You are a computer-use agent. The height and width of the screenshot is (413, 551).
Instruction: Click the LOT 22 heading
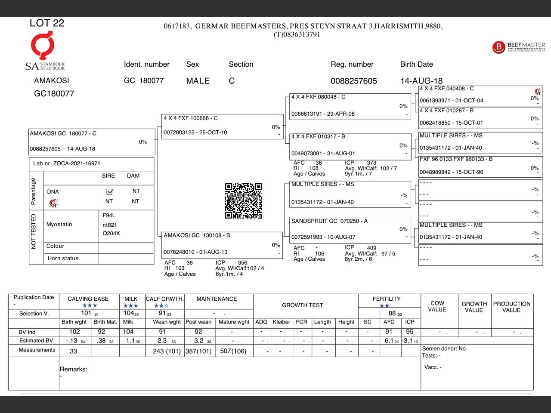click(47, 23)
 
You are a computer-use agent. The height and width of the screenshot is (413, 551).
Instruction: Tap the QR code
click(244, 201)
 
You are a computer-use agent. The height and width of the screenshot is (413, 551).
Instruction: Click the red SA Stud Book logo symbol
click(43, 46)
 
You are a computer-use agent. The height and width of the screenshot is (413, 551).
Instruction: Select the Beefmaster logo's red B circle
click(498, 47)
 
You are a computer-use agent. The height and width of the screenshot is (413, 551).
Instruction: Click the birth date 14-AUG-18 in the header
click(421, 81)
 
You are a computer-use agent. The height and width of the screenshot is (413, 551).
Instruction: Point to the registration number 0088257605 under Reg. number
click(353, 81)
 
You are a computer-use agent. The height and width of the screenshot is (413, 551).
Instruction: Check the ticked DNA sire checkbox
click(109, 191)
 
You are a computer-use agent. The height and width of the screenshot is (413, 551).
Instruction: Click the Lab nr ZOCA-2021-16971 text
click(67, 163)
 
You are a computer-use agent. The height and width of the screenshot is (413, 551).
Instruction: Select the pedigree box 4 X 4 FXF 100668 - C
click(222, 126)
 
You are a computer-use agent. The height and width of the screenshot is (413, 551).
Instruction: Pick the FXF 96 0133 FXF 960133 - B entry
click(480, 166)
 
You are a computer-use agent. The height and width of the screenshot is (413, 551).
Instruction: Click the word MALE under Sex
click(198, 81)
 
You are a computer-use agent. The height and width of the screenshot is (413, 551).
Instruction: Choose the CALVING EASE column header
click(88, 299)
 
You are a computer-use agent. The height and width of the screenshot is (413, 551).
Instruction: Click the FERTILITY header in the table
click(387, 299)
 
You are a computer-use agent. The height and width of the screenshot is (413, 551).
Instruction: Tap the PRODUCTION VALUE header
click(511, 307)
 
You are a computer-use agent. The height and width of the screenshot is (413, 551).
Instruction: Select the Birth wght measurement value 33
click(74, 351)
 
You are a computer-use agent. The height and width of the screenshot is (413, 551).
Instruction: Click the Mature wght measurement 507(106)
click(233, 351)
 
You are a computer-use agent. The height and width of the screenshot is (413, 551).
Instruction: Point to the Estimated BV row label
click(36, 341)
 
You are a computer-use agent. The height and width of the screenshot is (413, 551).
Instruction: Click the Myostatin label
click(59, 225)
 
